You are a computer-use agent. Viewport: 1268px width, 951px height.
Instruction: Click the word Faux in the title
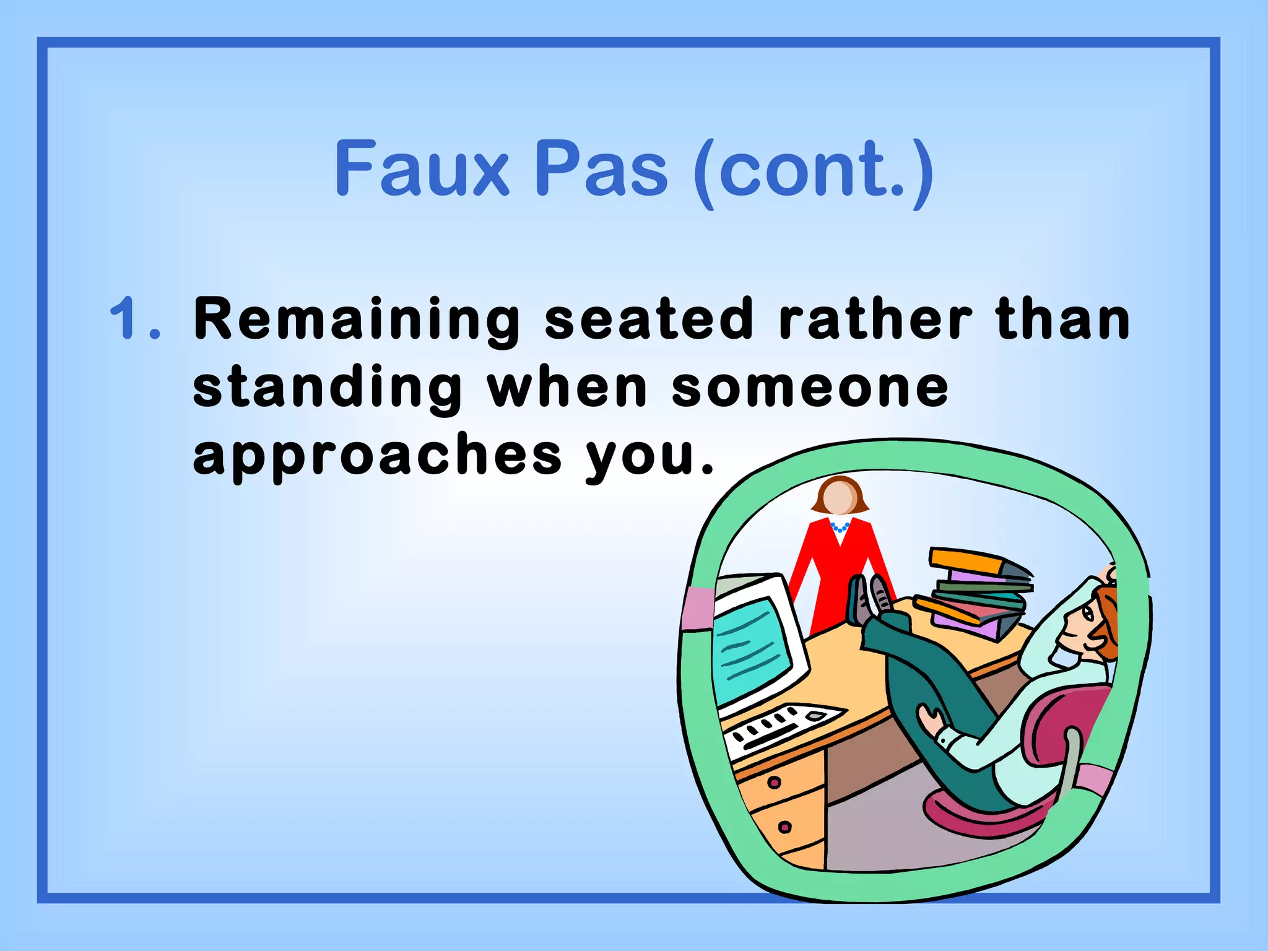click(x=421, y=168)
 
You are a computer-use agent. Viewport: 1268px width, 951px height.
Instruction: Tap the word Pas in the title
click(x=601, y=168)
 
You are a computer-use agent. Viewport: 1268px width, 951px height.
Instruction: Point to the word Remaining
click(x=357, y=321)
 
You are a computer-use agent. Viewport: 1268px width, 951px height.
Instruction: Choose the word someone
click(x=810, y=389)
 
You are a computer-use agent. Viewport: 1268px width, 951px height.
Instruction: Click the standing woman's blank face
click(x=839, y=498)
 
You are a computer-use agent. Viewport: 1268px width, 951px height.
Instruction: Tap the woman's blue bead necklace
click(x=839, y=528)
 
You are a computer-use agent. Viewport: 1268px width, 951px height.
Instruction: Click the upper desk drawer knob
click(x=773, y=782)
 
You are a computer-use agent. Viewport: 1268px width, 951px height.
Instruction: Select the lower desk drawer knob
click(x=784, y=827)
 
